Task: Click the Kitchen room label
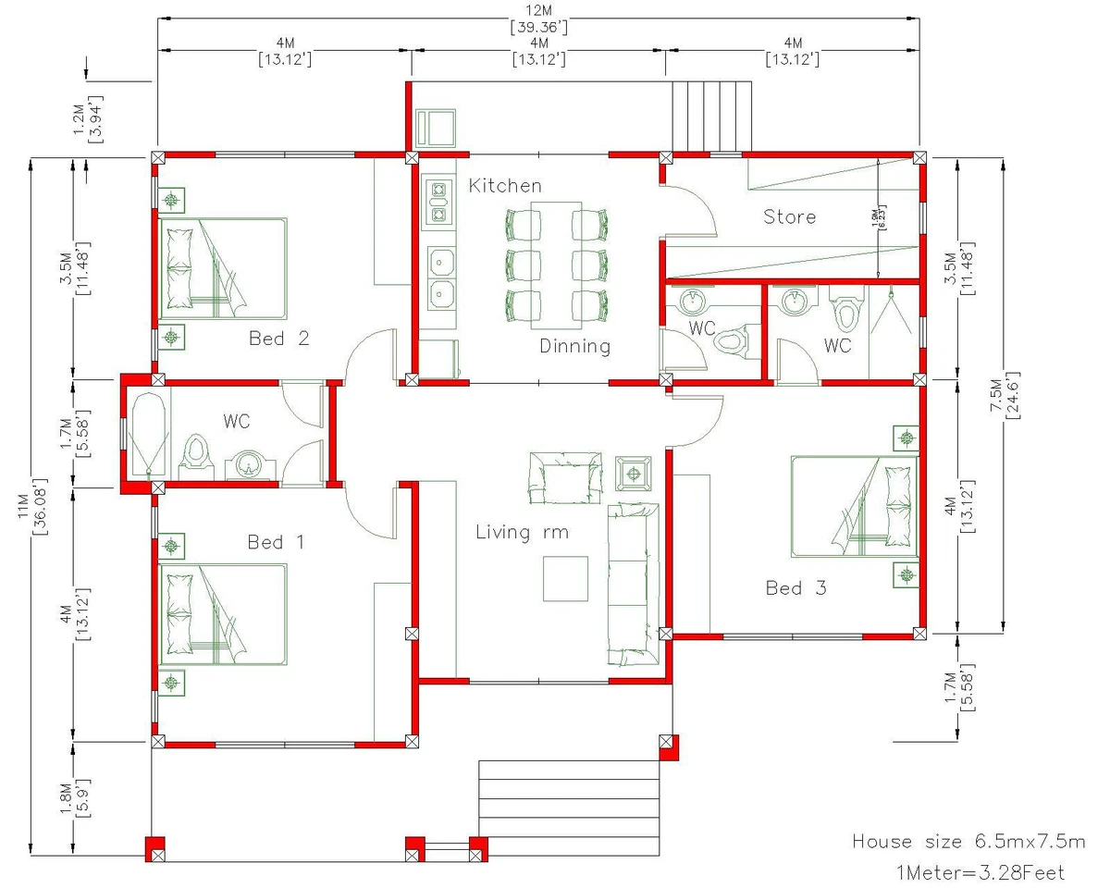pos(505,186)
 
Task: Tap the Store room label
pos(789,217)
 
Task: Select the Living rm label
pos(522,533)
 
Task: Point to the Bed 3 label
pos(795,588)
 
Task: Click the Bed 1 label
pos(276,542)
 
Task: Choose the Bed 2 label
pos(278,339)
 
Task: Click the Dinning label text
pos(575,347)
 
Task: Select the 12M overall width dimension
pos(538,18)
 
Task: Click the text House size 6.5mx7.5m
pos(968,842)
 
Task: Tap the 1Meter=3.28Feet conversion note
pos(980,872)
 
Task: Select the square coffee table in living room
pos(565,578)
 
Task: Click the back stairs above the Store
pos(709,115)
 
